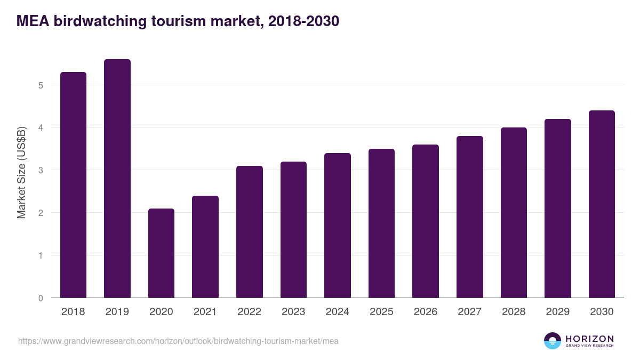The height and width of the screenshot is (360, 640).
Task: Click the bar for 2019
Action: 117,179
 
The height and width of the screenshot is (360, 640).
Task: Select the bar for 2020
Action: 161,253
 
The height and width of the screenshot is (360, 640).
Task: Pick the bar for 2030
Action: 602,204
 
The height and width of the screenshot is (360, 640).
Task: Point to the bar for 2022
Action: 250,232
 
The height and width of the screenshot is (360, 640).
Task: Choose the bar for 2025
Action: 381,223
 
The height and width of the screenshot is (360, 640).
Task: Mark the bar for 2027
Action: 470,217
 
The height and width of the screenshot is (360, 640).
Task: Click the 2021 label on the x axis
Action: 205,312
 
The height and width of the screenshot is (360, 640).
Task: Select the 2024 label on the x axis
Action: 338,312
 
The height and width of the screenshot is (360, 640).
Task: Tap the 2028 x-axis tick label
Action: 514,312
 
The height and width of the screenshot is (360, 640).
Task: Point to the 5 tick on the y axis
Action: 41,85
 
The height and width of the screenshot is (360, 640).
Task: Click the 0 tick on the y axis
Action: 41,298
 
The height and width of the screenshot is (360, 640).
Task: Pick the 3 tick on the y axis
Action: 41,171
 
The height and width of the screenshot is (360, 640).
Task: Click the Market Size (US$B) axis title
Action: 22,172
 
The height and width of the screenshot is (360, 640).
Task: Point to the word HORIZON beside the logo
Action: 589,339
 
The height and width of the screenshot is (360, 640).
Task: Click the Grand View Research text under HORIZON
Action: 589,346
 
